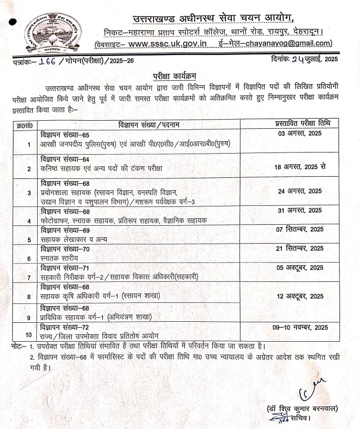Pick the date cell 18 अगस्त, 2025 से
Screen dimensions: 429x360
[300, 168]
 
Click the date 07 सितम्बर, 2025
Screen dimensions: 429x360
[300, 229]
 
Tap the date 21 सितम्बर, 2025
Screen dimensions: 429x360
[300, 248]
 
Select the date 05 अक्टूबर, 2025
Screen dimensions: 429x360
[300, 267]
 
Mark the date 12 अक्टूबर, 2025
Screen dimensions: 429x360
[300, 296]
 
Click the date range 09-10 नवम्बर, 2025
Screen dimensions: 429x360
[300, 327]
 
